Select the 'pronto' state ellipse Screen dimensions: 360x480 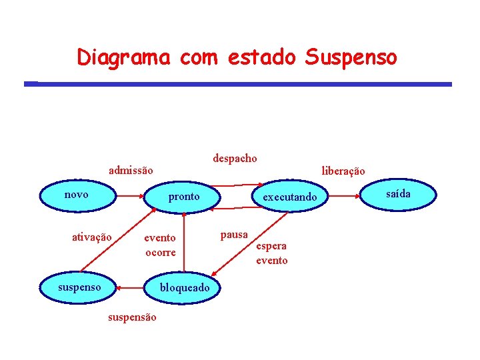pyautogui.click(x=183, y=197)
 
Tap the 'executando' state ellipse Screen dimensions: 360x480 pyautogui.click(x=290, y=197)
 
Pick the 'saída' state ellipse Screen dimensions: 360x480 pyautogui.click(x=399, y=194)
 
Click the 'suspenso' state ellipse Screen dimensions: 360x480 pyautogui.click(x=79, y=287)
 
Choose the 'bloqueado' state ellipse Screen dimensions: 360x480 pyautogui.click(x=185, y=288)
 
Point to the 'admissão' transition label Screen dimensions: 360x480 pyautogui.click(x=131, y=171)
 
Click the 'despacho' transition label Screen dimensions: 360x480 pyautogui.click(x=235, y=158)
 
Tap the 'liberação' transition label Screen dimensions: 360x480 pyautogui.click(x=343, y=171)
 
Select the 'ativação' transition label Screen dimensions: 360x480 pyautogui.click(x=92, y=237)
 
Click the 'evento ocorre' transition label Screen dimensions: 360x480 pyautogui.click(x=161, y=245)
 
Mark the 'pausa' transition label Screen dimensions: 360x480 pyautogui.click(x=234, y=234)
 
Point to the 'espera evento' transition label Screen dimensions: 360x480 pyautogui.click(x=272, y=253)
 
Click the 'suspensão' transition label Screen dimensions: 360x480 pyautogui.click(x=132, y=317)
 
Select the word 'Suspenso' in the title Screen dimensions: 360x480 pyautogui.click(x=351, y=57)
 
